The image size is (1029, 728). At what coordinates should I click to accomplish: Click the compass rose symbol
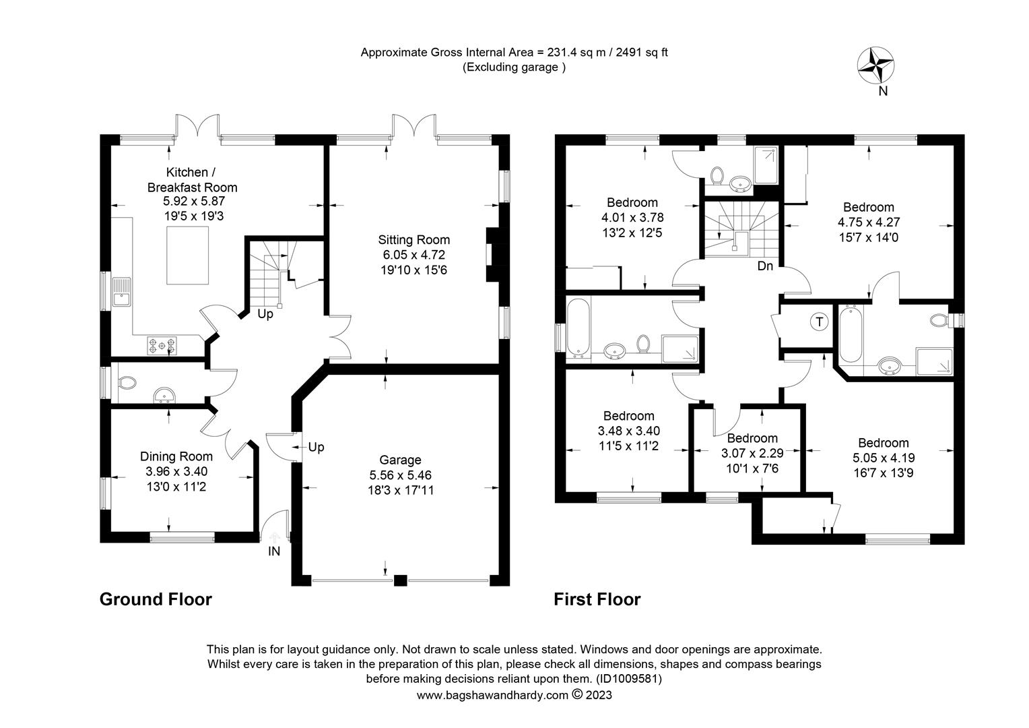click(875, 66)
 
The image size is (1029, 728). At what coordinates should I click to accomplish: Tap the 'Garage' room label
click(400, 460)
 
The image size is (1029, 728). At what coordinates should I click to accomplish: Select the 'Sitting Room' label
click(413, 239)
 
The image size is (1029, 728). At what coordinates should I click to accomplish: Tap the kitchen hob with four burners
click(162, 346)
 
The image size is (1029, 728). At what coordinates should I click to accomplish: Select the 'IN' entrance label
click(274, 551)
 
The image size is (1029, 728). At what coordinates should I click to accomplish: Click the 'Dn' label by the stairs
click(765, 266)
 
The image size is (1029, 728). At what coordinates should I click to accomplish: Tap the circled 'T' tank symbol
click(819, 322)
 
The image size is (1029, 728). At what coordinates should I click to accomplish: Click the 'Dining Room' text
click(176, 456)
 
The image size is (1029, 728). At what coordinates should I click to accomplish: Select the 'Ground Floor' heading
click(156, 599)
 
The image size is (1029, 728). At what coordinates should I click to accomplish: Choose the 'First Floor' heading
click(597, 599)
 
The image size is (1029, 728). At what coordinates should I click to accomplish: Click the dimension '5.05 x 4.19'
click(883, 458)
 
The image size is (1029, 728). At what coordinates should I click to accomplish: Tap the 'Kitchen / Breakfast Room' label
click(192, 180)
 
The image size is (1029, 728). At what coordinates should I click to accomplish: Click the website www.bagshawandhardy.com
click(492, 695)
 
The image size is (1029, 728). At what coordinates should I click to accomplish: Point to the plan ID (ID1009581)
click(628, 679)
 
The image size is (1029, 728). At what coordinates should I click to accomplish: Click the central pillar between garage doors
click(400, 580)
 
